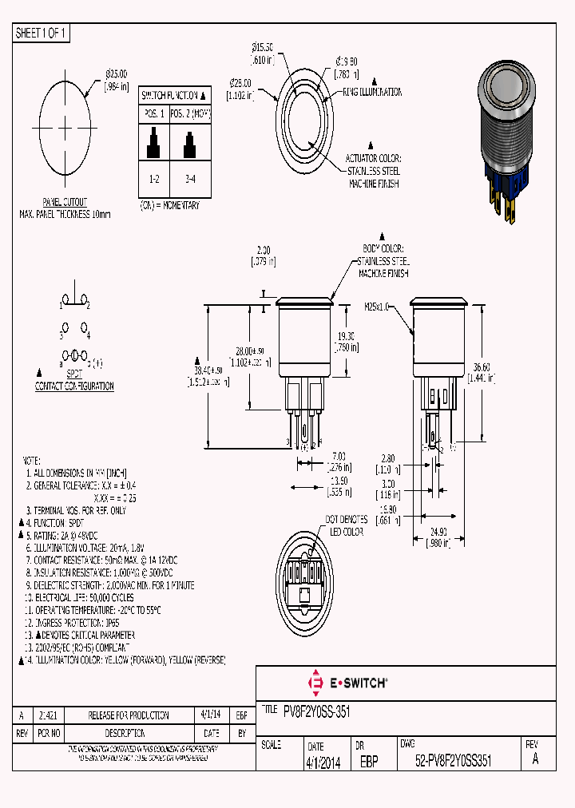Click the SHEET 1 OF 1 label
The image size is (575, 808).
42,33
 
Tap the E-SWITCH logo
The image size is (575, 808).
347,683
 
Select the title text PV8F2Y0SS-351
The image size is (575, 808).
317,711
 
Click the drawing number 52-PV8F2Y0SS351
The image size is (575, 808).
453,762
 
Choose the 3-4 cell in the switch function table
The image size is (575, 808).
189,180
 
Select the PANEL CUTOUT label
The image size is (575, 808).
65,203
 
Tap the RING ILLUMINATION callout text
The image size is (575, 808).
372,93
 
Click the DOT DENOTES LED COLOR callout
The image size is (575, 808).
345,525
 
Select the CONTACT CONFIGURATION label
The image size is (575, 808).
74,386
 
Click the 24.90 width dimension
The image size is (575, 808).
438,531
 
